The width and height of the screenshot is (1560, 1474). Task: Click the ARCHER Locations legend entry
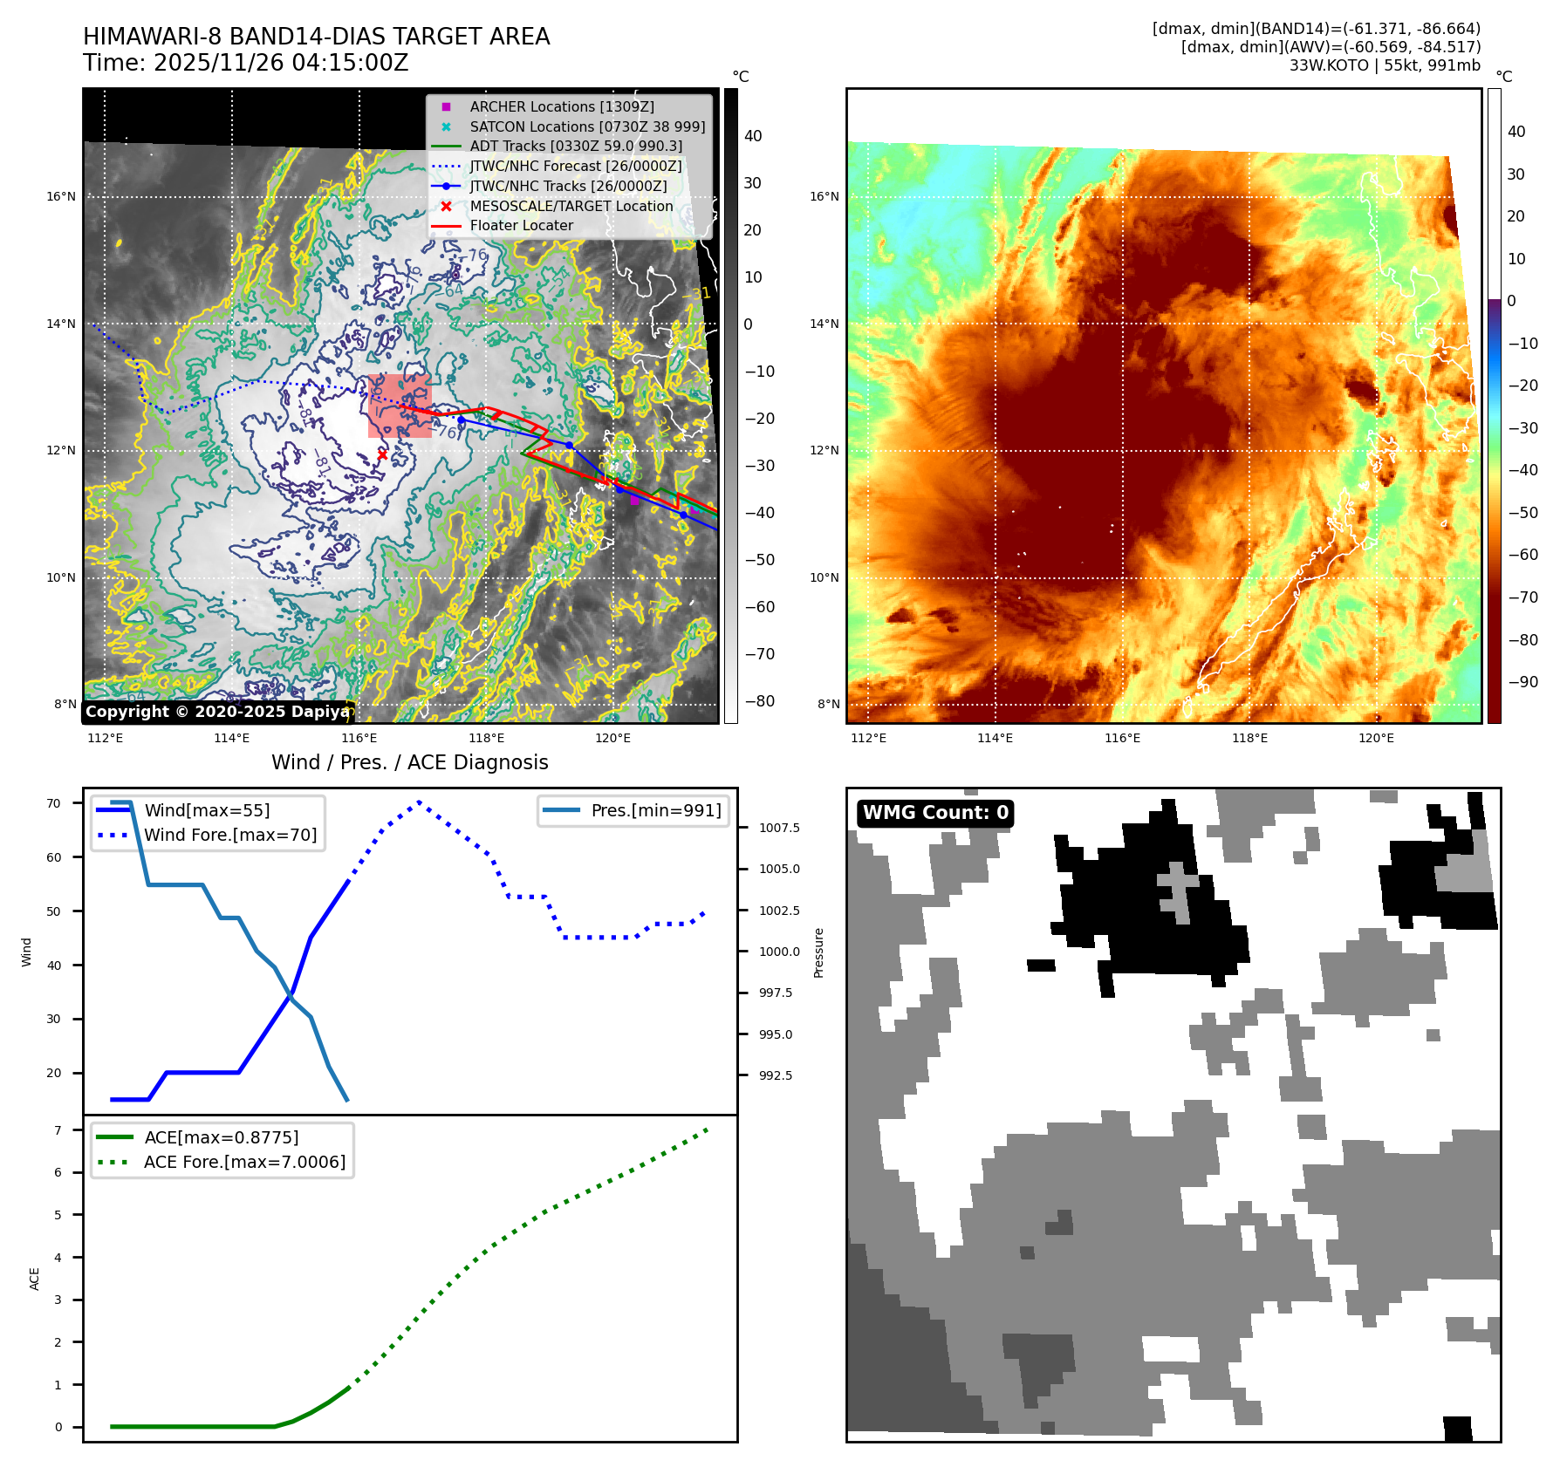(561, 106)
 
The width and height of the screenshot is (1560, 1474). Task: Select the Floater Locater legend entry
(521, 225)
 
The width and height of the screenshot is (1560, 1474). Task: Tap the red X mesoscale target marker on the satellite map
(382, 454)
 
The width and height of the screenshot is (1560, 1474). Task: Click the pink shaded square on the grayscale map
(400, 406)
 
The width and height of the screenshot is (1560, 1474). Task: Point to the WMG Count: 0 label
(935, 813)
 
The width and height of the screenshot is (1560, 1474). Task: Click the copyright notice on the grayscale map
(217, 712)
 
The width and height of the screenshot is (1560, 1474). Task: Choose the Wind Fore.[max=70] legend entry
(230, 835)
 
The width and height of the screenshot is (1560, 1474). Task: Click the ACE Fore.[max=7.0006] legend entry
(244, 1162)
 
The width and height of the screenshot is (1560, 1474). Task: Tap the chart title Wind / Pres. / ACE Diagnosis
(410, 762)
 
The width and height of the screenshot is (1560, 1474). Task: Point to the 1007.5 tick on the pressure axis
(779, 828)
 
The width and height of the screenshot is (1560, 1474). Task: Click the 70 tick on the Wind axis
(54, 803)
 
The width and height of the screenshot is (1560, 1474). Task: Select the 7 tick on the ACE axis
(58, 1130)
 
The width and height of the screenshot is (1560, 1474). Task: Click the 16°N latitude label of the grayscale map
(61, 197)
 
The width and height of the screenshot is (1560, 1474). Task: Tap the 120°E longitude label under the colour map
(1376, 738)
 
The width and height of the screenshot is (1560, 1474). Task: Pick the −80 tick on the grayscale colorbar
(759, 701)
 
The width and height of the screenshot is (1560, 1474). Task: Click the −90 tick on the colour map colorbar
(1523, 682)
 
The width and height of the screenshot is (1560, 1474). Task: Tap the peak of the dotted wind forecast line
(420, 802)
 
